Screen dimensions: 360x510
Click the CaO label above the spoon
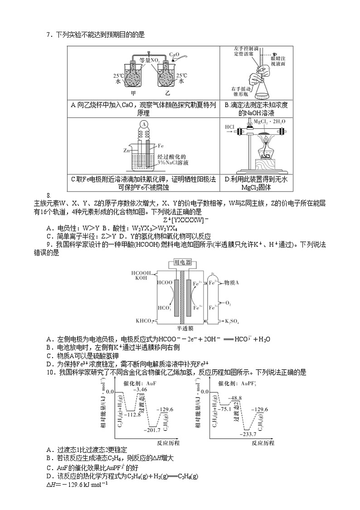[175, 54]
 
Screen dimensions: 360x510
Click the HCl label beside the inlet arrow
[229, 127]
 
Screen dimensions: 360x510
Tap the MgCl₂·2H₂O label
[268, 122]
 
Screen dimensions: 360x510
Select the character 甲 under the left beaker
[133, 94]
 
